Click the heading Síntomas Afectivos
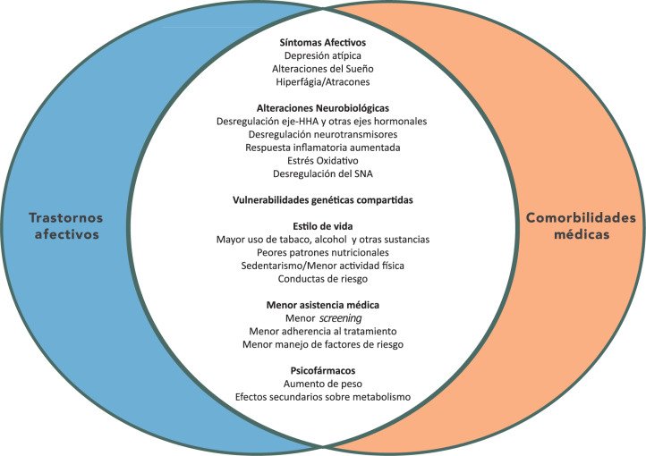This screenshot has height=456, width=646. pyautogui.click(x=323, y=42)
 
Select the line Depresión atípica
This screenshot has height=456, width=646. pyautogui.click(x=323, y=55)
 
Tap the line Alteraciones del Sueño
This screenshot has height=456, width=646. pyautogui.click(x=323, y=69)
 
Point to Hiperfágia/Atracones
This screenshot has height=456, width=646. pyautogui.click(x=323, y=82)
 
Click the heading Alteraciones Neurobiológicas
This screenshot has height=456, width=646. pyautogui.click(x=323, y=108)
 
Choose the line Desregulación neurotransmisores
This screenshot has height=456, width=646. pyautogui.click(x=323, y=134)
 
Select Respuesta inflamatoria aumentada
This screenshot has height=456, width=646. pyautogui.click(x=323, y=148)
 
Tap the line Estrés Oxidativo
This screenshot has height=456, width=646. pyautogui.click(x=323, y=161)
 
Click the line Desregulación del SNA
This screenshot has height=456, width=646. pyautogui.click(x=323, y=173)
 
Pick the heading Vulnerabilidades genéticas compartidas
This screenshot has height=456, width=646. pyautogui.click(x=323, y=200)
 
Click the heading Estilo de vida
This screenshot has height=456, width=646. pyautogui.click(x=323, y=226)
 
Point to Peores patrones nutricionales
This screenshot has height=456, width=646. pyautogui.click(x=323, y=252)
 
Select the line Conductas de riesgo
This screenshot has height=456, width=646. pyautogui.click(x=323, y=279)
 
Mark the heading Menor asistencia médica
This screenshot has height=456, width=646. pyautogui.click(x=323, y=305)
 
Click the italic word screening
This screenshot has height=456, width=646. pyautogui.click(x=341, y=318)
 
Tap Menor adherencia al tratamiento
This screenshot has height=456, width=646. pyautogui.click(x=323, y=332)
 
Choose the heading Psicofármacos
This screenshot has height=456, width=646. pyautogui.click(x=323, y=370)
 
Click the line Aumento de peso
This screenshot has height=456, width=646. pyautogui.click(x=323, y=384)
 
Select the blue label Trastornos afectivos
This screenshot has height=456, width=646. pyautogui.click(x=66, y=226)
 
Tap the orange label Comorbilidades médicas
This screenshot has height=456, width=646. pyautogui.click(x=581, y=226)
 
